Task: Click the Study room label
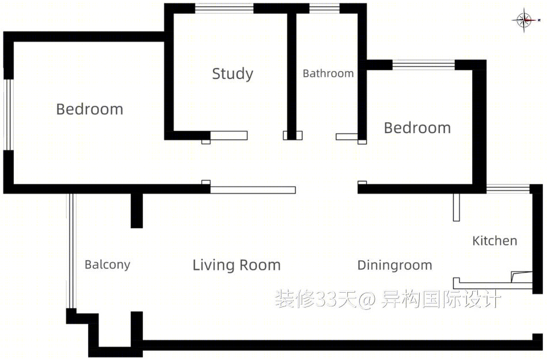(233, 74)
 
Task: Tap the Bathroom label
(328, 73)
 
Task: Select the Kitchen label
(495, 241)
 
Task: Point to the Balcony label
(108, 265)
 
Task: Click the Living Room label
(237, 265)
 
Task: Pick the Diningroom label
(395, 265)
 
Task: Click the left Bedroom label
(90, 109)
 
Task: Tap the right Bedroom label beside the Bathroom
(417, 128)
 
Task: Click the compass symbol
(525, 21)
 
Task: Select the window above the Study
(224, 9)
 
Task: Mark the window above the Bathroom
(324, 9)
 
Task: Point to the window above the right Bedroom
(424, 65)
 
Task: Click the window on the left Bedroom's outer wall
(8, 115)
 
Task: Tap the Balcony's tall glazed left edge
(71, 251)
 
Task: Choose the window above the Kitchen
(508, 189)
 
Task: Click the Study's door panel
(229, 135)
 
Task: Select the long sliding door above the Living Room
(253, 190)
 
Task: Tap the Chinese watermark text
(388, 300)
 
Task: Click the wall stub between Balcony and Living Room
(137, 211)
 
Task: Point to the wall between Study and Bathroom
(292, 72)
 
